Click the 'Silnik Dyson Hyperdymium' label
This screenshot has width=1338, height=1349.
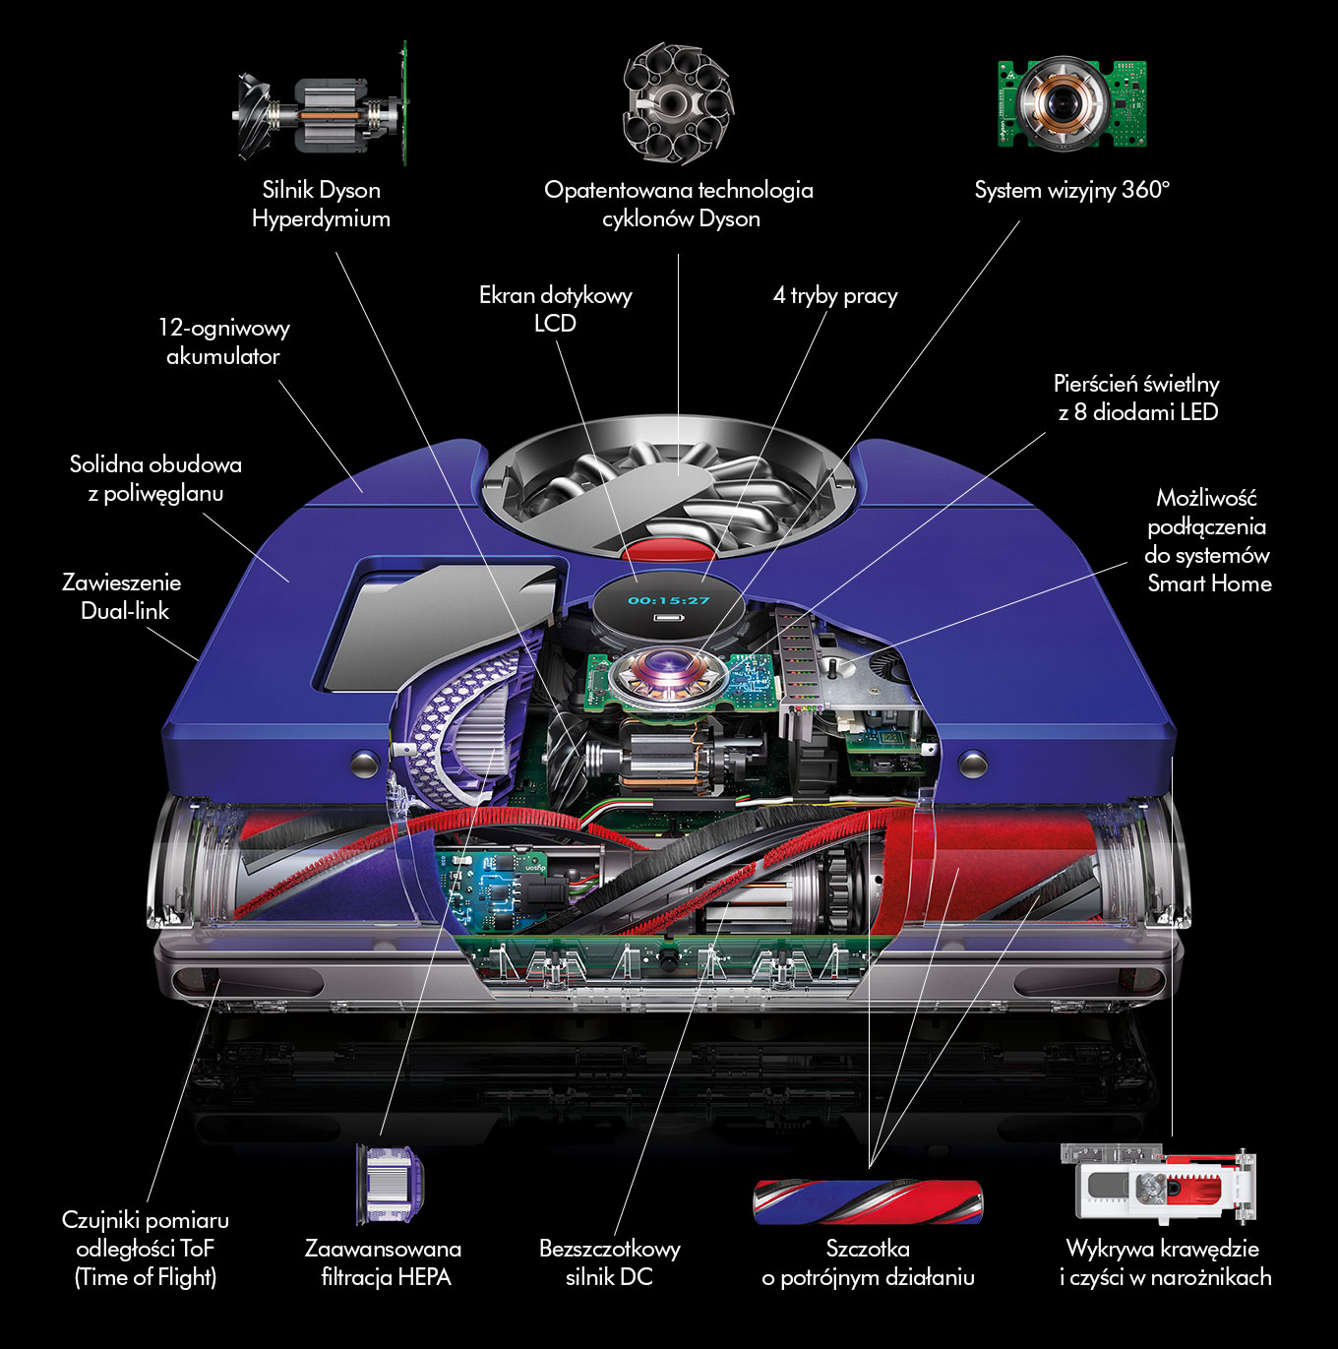click(x=321, y=204)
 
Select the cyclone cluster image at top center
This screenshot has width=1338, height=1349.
click(x=677, y=103)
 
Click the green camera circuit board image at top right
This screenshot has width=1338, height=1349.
click(x=1071, y=103)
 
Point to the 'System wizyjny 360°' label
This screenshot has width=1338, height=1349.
click(x=1071, y=190)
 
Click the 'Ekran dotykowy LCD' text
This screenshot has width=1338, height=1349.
click(x=555, y=309)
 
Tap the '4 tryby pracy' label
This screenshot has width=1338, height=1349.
click(x=835, y=295)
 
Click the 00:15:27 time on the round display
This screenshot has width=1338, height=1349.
click(x=669, y=600)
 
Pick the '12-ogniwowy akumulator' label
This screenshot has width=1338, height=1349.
click(x=223, y=341)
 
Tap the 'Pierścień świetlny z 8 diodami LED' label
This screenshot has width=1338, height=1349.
click(x=1136, y=398)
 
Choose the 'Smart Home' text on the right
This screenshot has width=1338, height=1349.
click(x=1209, y=583)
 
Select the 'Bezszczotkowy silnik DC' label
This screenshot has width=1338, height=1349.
click(x=609, y=1262)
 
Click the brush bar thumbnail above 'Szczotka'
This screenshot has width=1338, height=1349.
click(x=868, y=1200)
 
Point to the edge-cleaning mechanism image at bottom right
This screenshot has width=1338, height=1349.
click(x=1159, y=1183)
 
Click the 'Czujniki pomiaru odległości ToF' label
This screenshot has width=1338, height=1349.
click(x=146, y=1248)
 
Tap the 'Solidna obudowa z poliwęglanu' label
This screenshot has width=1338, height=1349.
click(x=155, y=478)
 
